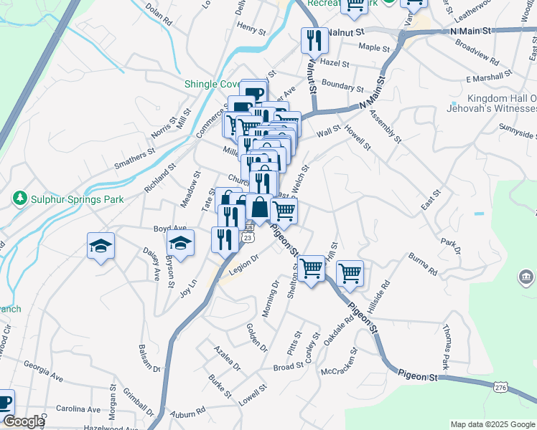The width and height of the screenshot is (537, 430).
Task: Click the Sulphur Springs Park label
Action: coord(77,199)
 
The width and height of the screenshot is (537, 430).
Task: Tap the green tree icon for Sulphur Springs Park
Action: coord(20,199)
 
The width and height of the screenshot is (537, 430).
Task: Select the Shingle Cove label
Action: coord(212,84)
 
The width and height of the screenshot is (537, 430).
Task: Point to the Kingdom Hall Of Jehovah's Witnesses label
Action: coord(502,103)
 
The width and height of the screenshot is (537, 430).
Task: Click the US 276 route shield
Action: coord(501,387)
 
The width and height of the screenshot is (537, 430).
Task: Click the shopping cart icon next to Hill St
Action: coord(350,272)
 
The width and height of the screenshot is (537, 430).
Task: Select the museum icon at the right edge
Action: coord(526,277)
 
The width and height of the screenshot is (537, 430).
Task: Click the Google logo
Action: coord(23,421)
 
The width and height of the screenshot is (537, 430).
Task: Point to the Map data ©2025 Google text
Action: coord(493,424)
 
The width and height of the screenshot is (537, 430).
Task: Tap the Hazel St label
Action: coord(335,63)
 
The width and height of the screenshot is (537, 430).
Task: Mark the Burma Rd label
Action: coord(423,263)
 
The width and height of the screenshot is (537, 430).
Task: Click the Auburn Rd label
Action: coord(189,414)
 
